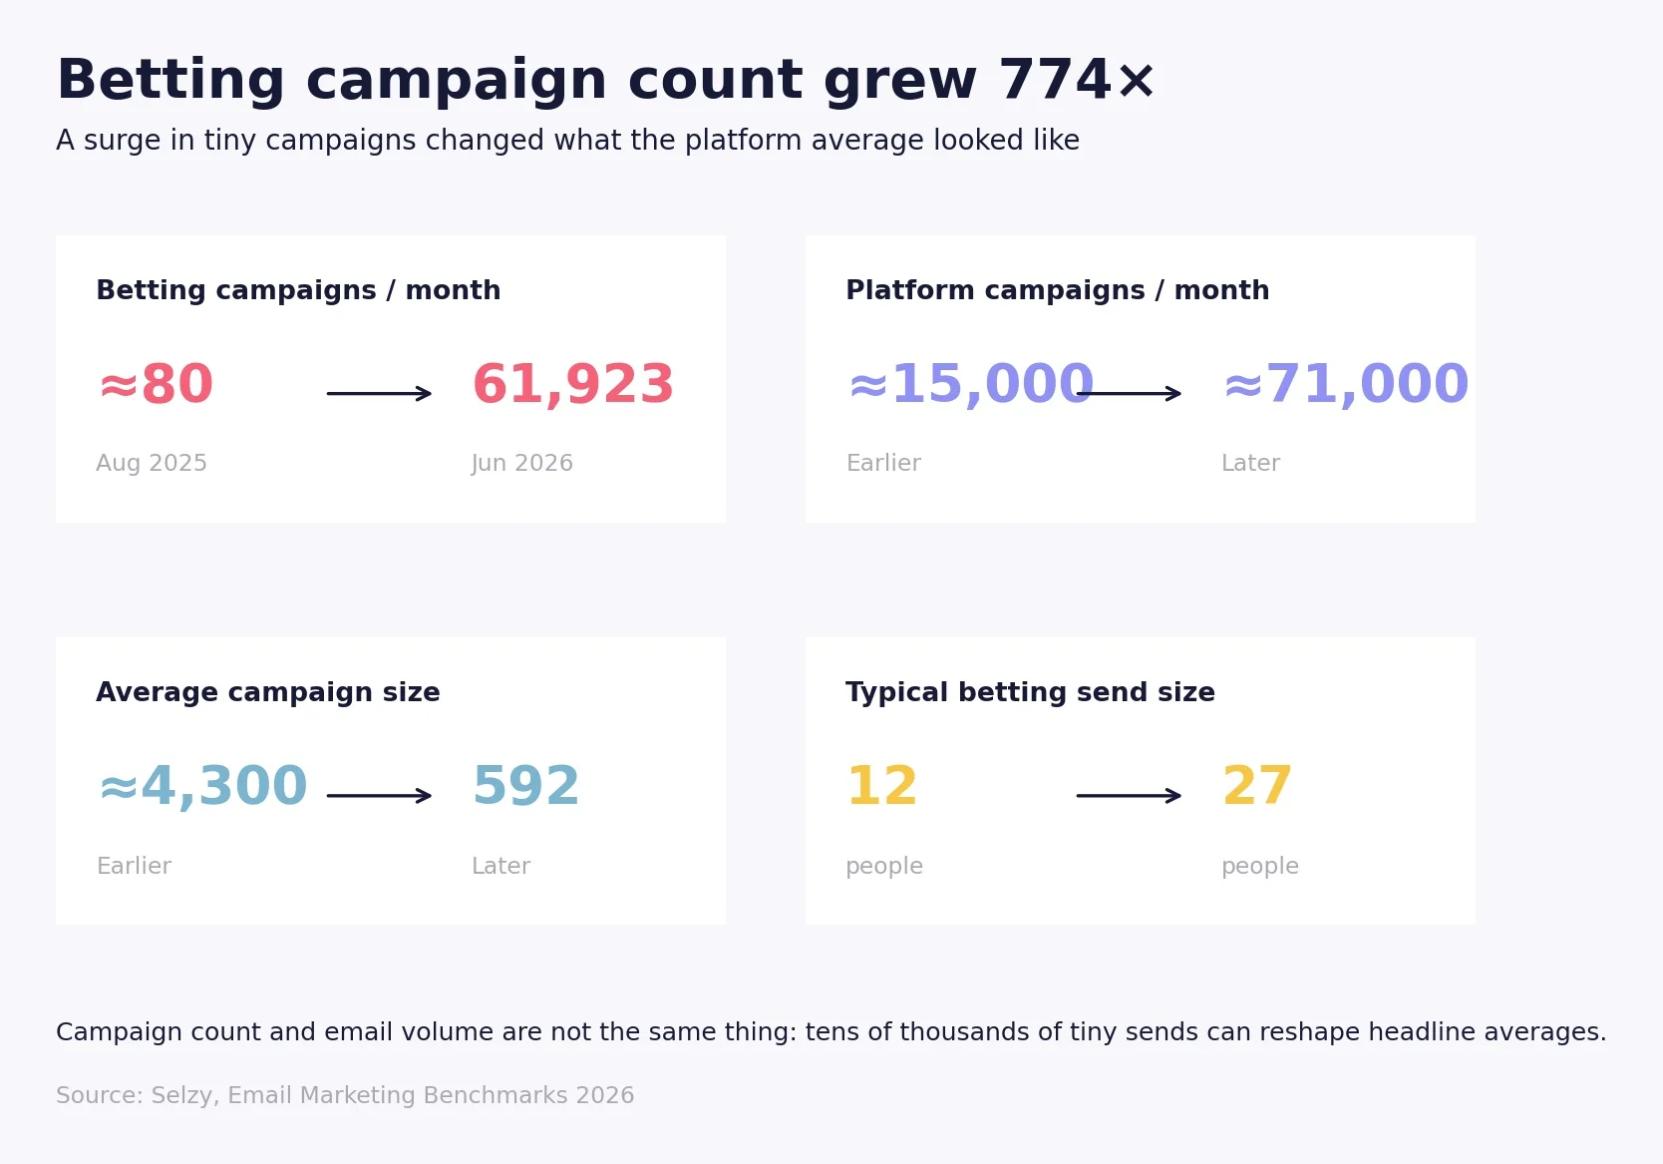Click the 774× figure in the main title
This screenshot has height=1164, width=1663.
point(1077,80)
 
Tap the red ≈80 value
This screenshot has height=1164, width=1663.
point(156,384)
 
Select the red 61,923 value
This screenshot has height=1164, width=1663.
point(573,385)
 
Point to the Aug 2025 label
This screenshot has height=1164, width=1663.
point(152,463)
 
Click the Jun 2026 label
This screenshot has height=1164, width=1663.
point(522,463)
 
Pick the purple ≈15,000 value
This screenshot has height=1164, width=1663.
point(970,385)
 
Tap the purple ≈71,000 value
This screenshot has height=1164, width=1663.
point(1346,385)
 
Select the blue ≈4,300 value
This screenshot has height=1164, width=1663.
point(202,786)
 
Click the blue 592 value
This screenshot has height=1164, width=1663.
point(525,786)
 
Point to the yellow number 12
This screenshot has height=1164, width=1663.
point(882,786)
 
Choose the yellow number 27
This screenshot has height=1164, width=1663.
point(1257,786)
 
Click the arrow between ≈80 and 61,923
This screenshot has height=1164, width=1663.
point(379,393)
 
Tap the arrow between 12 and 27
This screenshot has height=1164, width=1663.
point(1129,796)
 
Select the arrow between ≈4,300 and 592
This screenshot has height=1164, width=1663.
point(379,796)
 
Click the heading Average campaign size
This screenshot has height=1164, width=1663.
point(268,692)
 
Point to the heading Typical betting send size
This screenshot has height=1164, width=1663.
point(1031,692)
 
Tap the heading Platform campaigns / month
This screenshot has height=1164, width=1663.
point(1058,289)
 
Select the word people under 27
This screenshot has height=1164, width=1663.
point(1260,866)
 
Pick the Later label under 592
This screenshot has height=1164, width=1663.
point(501,866)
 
